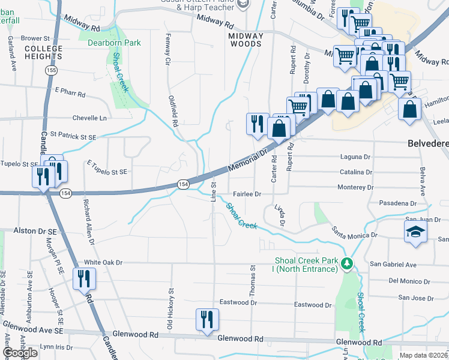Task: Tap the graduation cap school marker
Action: click(x=415, y=233)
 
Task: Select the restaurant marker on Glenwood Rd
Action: click(x=207, y=319)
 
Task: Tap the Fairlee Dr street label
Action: click(x=247, y=194)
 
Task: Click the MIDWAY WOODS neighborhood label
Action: click(x=245, y=40)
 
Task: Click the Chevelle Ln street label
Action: click(x=89, y=118)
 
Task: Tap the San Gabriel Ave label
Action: click(x=393, y=264)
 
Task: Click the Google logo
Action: click(x=20, y=353)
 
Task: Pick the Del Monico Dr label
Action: click(x=411, y=280)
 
